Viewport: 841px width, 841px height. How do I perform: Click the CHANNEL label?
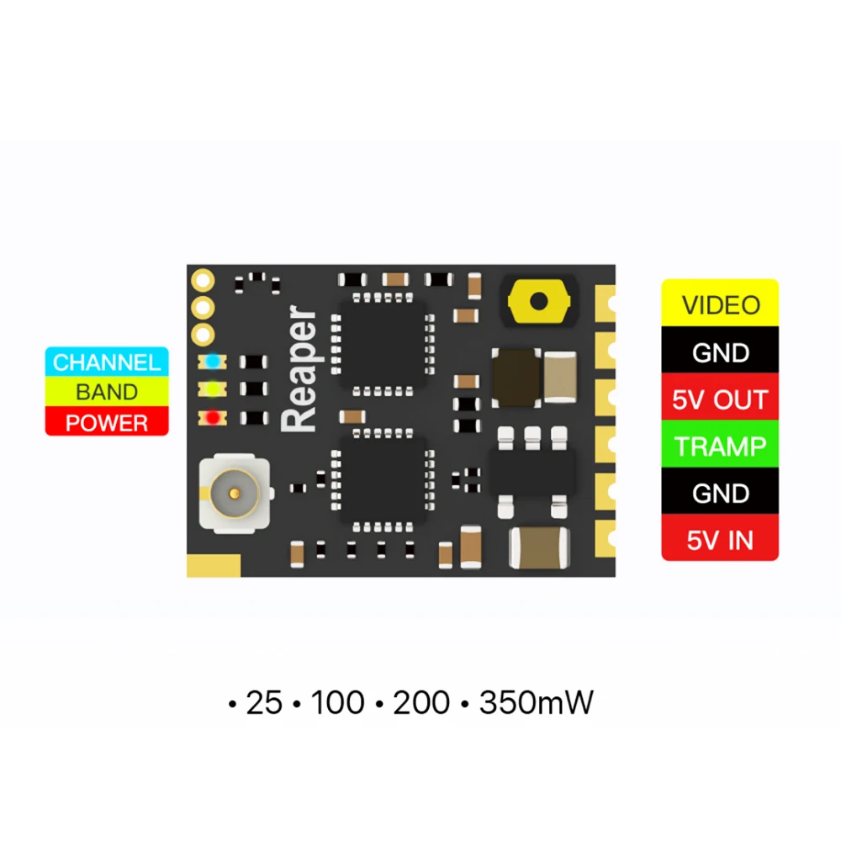[107, 362]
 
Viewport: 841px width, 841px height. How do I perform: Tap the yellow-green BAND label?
[107, 392]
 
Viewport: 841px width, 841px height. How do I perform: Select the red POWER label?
[107, 422]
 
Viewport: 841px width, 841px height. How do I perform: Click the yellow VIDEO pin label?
[721, 304]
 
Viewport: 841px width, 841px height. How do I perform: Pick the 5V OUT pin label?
[721, 399]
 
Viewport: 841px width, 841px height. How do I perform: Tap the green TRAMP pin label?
[721, 446]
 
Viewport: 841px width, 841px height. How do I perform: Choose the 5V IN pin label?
[721, 540]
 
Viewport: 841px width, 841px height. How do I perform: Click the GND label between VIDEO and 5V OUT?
[721, 352]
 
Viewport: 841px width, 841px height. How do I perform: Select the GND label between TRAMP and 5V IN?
[721, 493]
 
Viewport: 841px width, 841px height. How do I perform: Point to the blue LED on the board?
[213, 361]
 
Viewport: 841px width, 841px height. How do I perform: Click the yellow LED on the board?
[213, 389]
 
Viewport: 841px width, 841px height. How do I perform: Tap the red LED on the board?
[213, 417]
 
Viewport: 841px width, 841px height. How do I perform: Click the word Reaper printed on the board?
[300, 371]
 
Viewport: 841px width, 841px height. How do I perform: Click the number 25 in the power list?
[263, 703]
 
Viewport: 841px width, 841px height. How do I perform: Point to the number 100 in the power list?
[337, 703]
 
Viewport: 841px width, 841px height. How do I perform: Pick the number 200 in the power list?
[421, 703]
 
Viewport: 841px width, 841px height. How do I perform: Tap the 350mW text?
[536, 703]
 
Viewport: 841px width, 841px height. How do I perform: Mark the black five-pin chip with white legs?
[532, 472]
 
